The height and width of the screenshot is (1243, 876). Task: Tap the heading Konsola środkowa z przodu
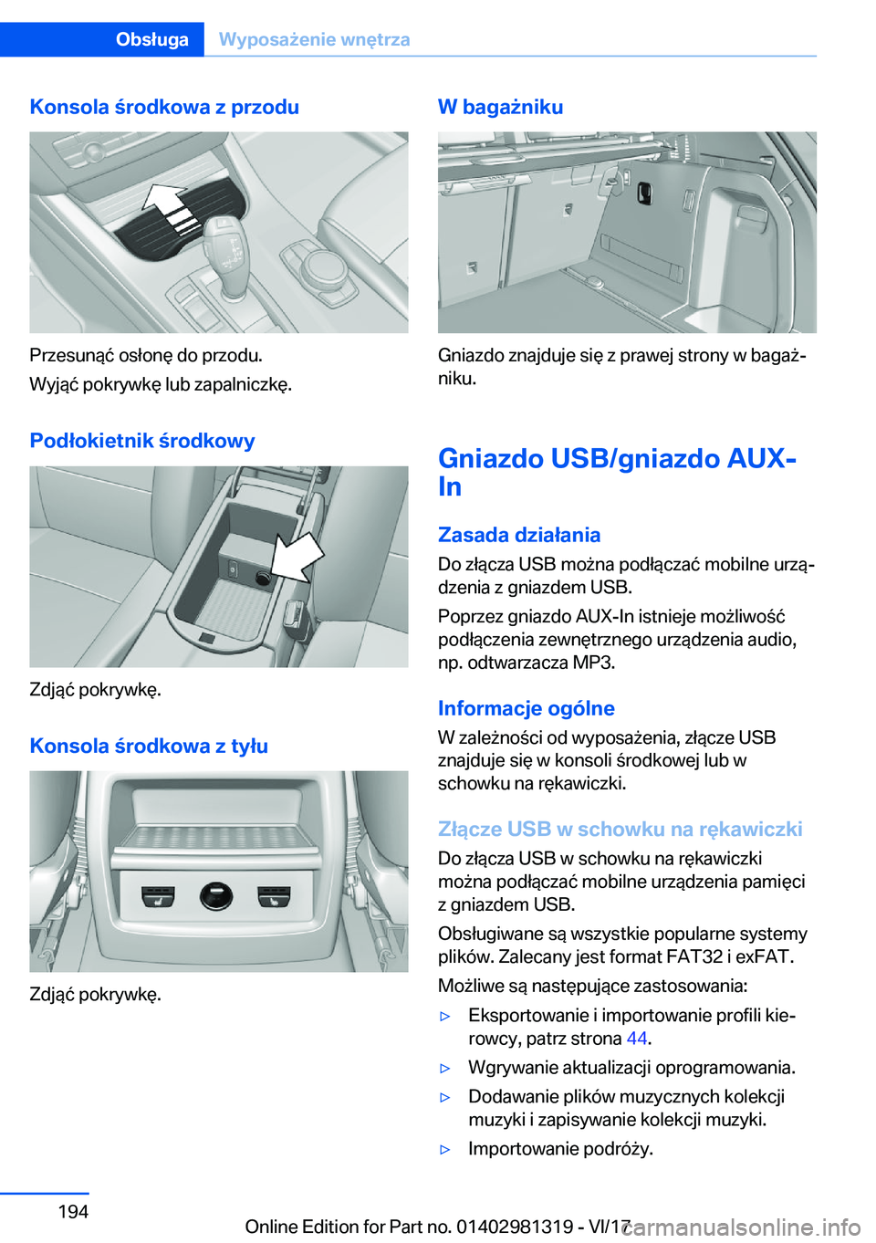click(164, 107)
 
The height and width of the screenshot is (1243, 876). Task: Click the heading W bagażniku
click(500, 107)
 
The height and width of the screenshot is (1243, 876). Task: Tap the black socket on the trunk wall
click(645, 192)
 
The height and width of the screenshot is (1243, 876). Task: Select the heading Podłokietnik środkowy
click(142, 441)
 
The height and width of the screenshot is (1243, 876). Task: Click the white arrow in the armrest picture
click(297, 557)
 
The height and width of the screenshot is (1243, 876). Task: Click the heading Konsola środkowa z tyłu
click(149, 746)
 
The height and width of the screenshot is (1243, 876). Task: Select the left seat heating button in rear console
click(158, 896)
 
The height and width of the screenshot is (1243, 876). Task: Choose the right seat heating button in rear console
click(274, 896)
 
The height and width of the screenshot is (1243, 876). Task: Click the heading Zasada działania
click(519, 535)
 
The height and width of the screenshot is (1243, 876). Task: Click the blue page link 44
click(637, 1039)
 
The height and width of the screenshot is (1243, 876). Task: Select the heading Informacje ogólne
click(527, 708)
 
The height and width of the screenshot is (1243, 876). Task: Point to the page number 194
click(73, 1211)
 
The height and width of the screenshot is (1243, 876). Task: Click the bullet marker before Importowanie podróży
click(445, 1149)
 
